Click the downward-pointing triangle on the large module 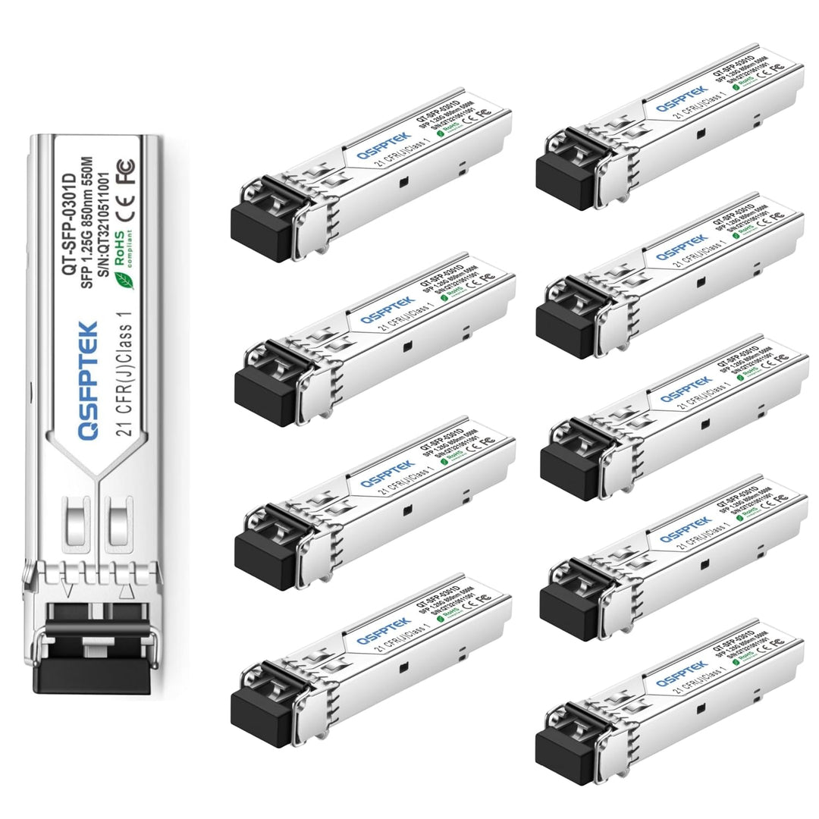pos(70,589)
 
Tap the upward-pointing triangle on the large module pos(127,589)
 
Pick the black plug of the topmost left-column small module pos(262,231)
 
